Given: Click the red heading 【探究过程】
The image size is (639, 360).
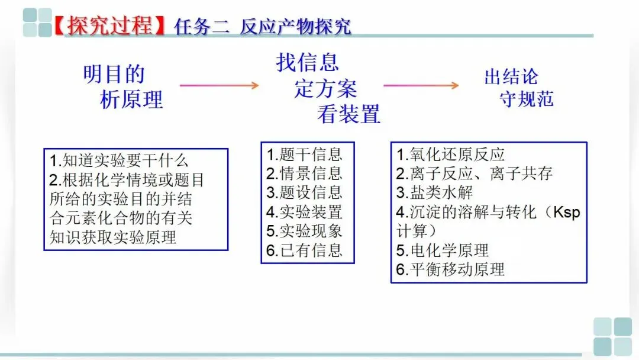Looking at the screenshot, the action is coord(112,26).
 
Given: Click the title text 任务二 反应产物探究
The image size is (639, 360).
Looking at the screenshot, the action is coord(263,26).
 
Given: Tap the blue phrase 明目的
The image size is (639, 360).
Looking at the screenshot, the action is coord(114,75).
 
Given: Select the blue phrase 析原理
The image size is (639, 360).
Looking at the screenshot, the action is coord(131,99).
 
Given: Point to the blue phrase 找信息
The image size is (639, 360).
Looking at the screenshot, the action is coord(308,62).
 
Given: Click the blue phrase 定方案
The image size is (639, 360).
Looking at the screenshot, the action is coord(326,89).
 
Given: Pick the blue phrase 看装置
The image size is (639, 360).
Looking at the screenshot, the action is coord(348,114).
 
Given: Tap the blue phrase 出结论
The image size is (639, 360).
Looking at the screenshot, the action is coord(511,76).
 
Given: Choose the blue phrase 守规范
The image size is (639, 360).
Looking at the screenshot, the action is coord(527,98).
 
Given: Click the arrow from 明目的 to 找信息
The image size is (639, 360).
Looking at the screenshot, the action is coord(219,85).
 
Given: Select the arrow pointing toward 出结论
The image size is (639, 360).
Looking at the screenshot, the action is coord(421,85).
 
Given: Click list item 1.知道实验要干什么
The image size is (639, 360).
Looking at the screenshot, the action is coord(119,160).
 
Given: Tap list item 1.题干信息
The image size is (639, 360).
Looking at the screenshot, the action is coord(304,155).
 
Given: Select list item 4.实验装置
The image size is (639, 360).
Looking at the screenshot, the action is coord(304,212).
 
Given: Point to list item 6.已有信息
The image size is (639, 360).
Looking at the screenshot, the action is coord(304,250).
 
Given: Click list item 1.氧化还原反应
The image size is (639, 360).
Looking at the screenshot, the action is coord(450,155).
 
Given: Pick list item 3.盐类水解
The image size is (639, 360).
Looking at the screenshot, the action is coord(434,193).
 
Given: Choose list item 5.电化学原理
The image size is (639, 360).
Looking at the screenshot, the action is coord(443,250).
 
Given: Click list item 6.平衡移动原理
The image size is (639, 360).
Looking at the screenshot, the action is coord(450,270).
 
